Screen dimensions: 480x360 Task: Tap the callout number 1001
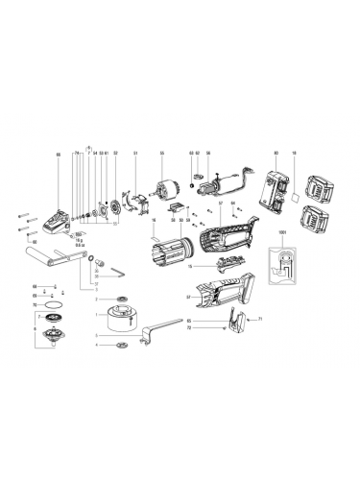pos(282,233)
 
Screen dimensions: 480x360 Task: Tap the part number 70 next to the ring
pos(35,305)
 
